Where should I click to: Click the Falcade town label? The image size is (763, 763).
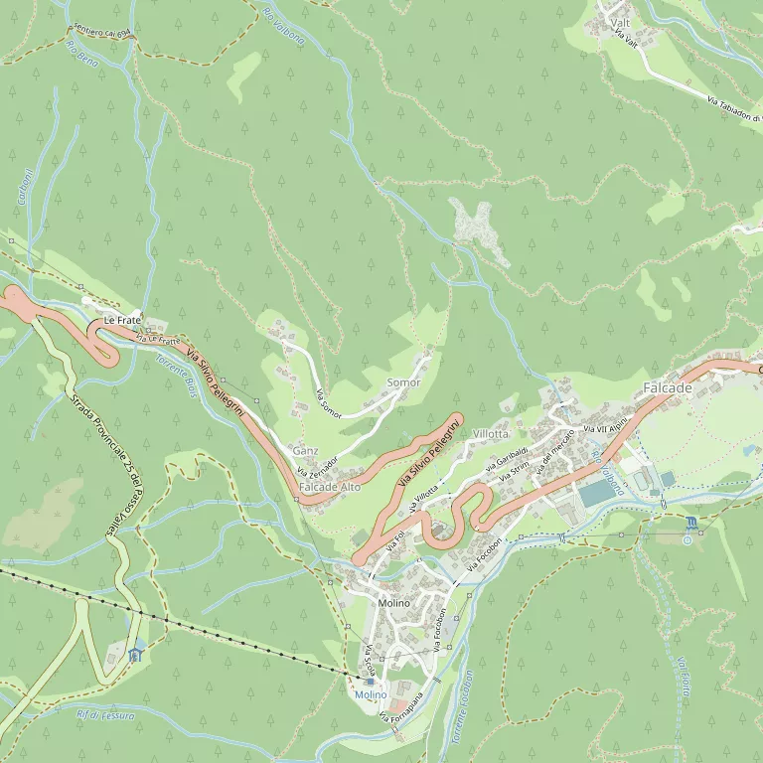[667, 387]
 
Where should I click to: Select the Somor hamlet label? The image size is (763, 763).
[403, 382]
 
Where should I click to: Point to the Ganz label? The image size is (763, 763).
[306, 451]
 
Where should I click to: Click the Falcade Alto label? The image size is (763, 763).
[330, 488]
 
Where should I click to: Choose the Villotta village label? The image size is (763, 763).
[491, 434]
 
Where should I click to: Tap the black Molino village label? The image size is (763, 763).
[394, 603]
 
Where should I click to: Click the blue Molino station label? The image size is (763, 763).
[371, 695]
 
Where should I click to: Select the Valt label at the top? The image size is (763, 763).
[621, 22]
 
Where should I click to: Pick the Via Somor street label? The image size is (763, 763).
[328, 404]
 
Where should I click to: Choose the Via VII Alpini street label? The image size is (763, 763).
[606, 425]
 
